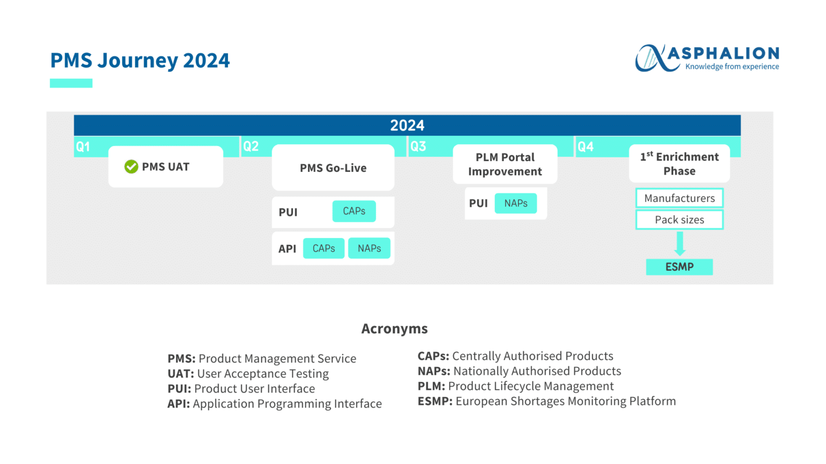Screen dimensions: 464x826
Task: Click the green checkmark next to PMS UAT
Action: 131,167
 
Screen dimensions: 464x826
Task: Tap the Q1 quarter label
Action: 83,147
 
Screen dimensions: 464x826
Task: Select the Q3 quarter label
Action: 418,147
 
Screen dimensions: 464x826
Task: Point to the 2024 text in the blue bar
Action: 407,126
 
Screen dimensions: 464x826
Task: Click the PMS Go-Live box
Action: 333,168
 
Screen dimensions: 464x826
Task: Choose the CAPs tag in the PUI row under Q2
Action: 354,211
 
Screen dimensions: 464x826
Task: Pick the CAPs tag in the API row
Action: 324,249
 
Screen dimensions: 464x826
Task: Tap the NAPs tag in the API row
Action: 369,249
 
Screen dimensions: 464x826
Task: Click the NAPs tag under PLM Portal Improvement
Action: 515,204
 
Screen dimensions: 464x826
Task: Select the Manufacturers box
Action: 679,198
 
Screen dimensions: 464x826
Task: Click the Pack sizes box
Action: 679,220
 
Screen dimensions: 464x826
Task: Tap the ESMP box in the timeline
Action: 679,267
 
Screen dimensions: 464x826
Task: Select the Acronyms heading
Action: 394,329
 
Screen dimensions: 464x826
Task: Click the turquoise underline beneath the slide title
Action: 71,83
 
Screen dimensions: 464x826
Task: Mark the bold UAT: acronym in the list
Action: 181,374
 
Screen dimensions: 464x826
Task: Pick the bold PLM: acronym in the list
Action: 431,386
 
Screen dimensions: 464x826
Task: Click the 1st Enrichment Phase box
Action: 679,164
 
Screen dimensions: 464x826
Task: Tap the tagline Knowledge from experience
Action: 732,67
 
